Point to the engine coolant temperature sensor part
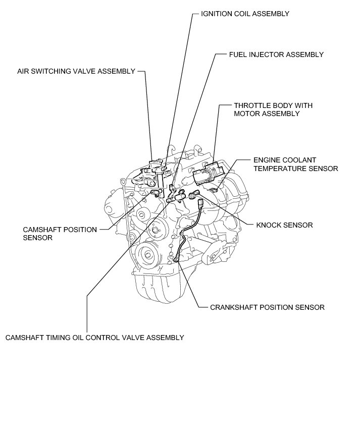[229, 189]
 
